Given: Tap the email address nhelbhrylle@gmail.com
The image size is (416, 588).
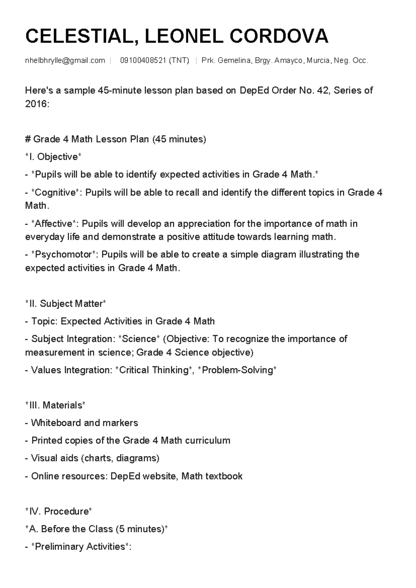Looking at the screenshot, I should click(x=65, y=61).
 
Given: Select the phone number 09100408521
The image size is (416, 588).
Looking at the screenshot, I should click(x=143, y=61).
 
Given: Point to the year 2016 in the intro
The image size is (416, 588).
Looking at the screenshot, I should click(x=36, y=104).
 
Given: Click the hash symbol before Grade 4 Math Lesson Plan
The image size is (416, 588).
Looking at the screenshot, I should click(x=28, y=139).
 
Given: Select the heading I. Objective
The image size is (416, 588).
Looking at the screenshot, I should click(x=53, y=157).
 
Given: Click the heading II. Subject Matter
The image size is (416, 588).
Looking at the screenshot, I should click(x=65, y=304).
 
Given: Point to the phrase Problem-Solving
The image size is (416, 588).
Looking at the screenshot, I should click(x=237, y=370).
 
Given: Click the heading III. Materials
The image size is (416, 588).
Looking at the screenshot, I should click(x=55, y=405).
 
